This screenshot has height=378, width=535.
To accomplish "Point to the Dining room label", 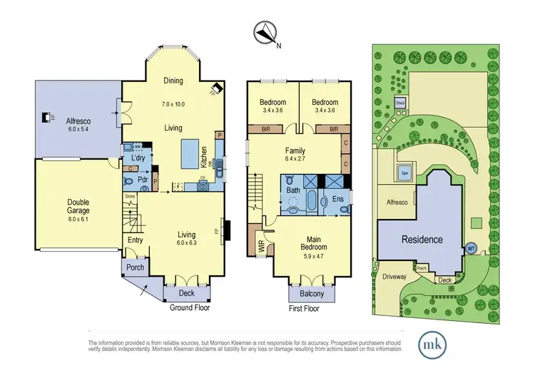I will [x=174, y=81].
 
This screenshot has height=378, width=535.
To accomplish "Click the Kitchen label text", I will [x=204, y=153].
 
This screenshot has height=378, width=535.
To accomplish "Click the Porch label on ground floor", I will [x=136, y=268].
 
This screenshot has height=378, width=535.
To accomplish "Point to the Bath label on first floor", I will [x=293, y=190].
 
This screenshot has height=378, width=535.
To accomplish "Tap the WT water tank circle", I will [x=471, y=249].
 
